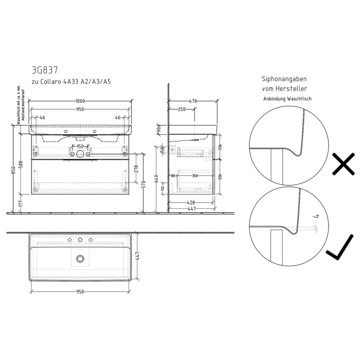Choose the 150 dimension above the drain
pyautogui.click(x=80, y=146)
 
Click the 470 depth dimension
pyautogui.click(x=193, y=102)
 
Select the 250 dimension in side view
pyautogui.click(x=182, y=109)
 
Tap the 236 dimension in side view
pyautogui.click(x=220, y=147)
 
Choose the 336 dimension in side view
pyautogui.click(x=220, y=177)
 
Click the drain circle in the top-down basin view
pyautogui.click(x=80, y=258)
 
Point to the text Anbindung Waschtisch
pyautogui.click(x=287, y=99)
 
